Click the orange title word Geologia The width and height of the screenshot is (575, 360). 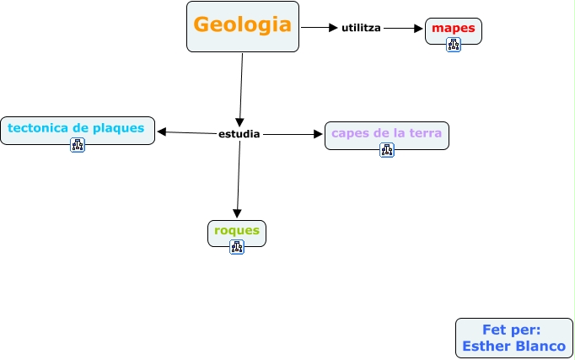coord(243,24)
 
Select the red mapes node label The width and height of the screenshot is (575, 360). coord(454,28)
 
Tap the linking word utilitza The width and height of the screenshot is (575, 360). coord(361,28)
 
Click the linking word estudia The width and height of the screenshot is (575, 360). coord(239,133)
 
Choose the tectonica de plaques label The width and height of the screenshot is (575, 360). coord(77,127)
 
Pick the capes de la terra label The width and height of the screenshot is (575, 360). coord(386,133)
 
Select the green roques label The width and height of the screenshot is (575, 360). coord(237,230)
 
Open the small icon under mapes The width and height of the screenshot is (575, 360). coord(454,45)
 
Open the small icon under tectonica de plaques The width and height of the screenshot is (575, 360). coord(78,145)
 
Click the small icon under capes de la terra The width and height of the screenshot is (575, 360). coord(387,150)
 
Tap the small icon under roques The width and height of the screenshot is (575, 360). coord(237,247)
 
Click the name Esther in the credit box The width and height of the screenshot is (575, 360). coord(488,346)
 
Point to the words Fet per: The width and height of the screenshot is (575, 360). coord(512,330)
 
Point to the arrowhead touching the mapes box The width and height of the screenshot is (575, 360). coord(418,28)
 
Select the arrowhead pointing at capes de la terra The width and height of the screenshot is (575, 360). coord(319,133)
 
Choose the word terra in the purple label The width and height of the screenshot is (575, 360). coord(425,133)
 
